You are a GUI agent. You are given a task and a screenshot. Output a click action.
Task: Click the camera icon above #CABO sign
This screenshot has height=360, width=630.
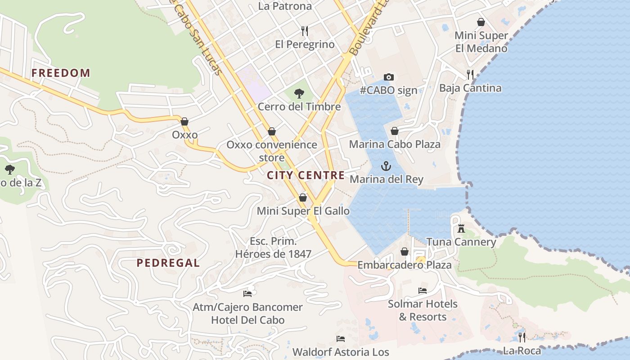(x=388, y=77)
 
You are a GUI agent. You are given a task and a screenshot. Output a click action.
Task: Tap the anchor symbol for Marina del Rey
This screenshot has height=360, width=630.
(x=386, y=166)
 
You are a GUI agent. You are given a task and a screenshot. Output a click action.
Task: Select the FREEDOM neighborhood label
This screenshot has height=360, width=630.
(x=61, y=73)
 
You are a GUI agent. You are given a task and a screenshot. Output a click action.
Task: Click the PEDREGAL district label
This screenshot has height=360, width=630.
(x=168, y=263)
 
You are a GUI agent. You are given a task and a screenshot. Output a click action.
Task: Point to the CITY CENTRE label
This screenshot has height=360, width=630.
(x=306, y=175)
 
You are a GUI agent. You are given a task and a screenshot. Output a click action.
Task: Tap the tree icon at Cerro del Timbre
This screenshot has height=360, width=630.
(x=299, y=94)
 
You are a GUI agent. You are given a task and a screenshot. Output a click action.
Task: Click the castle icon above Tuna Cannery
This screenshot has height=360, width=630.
(x=461, y=229)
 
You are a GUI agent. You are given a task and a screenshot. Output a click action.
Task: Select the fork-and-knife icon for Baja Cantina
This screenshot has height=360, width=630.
(x=470, y=75)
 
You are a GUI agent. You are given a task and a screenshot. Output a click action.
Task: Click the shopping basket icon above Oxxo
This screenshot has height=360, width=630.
(x=184, y=121)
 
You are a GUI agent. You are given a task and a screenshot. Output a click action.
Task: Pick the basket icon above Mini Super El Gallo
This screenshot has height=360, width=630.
(x=303, y=198)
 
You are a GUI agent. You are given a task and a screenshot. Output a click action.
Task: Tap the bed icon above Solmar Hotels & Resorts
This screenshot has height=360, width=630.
(x=422, y=291)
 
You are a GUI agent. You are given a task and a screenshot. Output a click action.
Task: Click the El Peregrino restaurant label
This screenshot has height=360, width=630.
(x=305, y=45)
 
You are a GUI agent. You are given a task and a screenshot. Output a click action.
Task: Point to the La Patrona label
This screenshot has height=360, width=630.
(x=285, y=6)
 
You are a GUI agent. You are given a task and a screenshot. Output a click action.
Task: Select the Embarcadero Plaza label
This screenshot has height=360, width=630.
(x=404, y=265)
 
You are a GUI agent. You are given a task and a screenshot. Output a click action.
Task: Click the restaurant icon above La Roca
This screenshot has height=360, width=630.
(x=522, y=337)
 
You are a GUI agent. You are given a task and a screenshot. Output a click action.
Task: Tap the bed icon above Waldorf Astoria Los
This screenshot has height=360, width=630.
(x=341, y=338)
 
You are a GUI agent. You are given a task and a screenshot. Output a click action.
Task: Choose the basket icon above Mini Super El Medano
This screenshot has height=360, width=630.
(x=481, y=22)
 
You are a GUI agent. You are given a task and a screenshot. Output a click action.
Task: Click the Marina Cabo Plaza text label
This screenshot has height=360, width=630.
(x=395, y=144)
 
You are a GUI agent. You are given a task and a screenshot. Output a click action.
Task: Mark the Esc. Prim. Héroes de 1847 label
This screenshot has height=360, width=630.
(x=273, y=247)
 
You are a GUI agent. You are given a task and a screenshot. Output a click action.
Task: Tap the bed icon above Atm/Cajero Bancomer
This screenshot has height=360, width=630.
(x=247, y=294)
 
